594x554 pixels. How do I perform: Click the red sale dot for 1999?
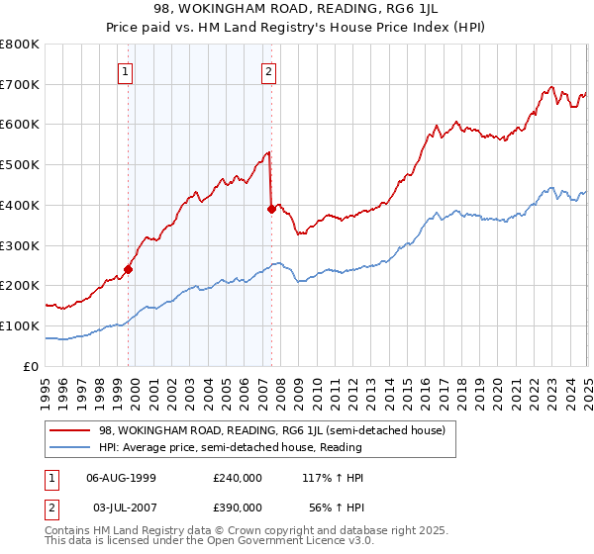click(129, 268)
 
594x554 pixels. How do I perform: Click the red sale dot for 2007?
click(271, 209)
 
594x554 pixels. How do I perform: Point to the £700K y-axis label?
click(20, 84)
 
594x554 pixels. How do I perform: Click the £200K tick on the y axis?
click(20, 285)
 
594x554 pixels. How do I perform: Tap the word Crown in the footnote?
click(265, 532)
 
